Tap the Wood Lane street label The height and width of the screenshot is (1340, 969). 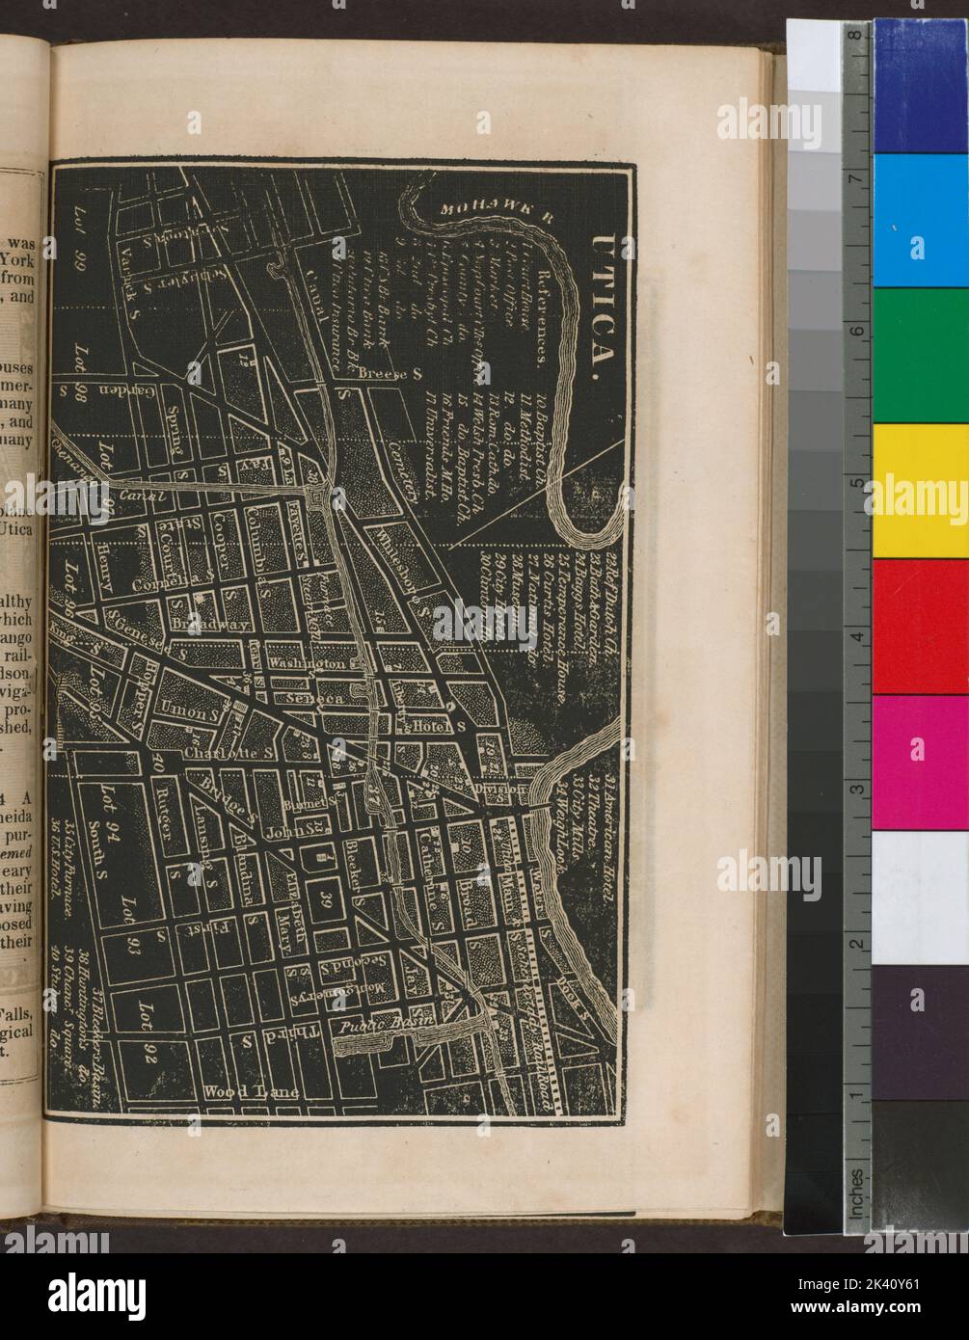[253, 1093]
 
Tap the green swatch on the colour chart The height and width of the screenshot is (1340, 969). [920, 355]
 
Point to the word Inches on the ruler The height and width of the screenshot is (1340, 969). [855, 1194]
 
